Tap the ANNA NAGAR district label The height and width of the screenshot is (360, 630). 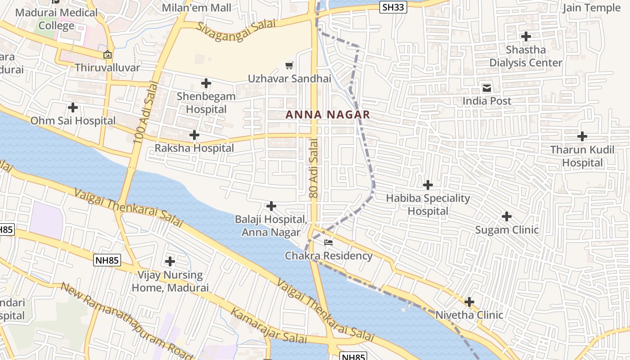point(328,115)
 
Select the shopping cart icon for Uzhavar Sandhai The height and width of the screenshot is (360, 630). point(289,66)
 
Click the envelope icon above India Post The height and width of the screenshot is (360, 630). point(487,88)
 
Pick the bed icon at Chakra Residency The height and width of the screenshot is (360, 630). point(328,243)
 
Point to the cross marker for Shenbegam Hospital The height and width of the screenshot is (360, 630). point(206,83)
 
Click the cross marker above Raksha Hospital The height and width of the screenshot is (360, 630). point(194,135)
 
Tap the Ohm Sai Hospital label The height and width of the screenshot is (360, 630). point(73,121)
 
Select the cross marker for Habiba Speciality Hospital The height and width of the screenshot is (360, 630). point(428,185)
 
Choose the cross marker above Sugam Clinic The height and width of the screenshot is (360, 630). point(507,217)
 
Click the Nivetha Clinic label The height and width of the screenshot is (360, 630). point(469,315)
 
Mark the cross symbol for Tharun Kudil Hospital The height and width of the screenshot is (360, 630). point(582,136)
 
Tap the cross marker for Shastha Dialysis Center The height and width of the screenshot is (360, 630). point(526,36)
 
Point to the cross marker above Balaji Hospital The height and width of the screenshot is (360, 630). point(271,206)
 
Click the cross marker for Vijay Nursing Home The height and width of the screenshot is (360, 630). point(170,261)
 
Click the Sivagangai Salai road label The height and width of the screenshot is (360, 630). point(236,30)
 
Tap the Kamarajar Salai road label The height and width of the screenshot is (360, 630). point(263,325)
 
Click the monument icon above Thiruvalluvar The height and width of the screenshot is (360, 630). point(108,55)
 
